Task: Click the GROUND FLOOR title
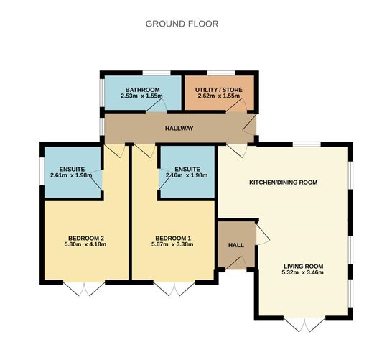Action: tap(182, 24)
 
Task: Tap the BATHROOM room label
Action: tap(142, 90)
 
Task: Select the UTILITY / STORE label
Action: tap(219, 90)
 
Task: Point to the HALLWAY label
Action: tap(179, 129)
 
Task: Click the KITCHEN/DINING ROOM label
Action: tap(284, 182)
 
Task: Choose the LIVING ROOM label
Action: tap(303, 266)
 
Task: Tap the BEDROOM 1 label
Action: tap(173, 238)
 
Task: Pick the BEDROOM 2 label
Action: tap(86, 238)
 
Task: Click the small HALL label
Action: tap(236, 245)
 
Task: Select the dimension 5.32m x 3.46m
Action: tap(302, 272)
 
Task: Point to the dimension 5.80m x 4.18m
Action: tap(85, 244)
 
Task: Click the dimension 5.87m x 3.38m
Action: tap(172, 244)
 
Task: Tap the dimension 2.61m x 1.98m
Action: tap(71, 175)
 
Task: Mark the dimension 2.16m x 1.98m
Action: tap(187, 175)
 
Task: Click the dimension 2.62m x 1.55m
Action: tap(219, 96)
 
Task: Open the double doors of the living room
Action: tap(304, 325)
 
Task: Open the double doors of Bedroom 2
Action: tap(84, 289)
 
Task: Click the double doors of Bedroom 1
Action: tap(174, 289)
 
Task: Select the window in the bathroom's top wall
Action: tap(157, 73)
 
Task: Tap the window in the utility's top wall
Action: tap(221, 73)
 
